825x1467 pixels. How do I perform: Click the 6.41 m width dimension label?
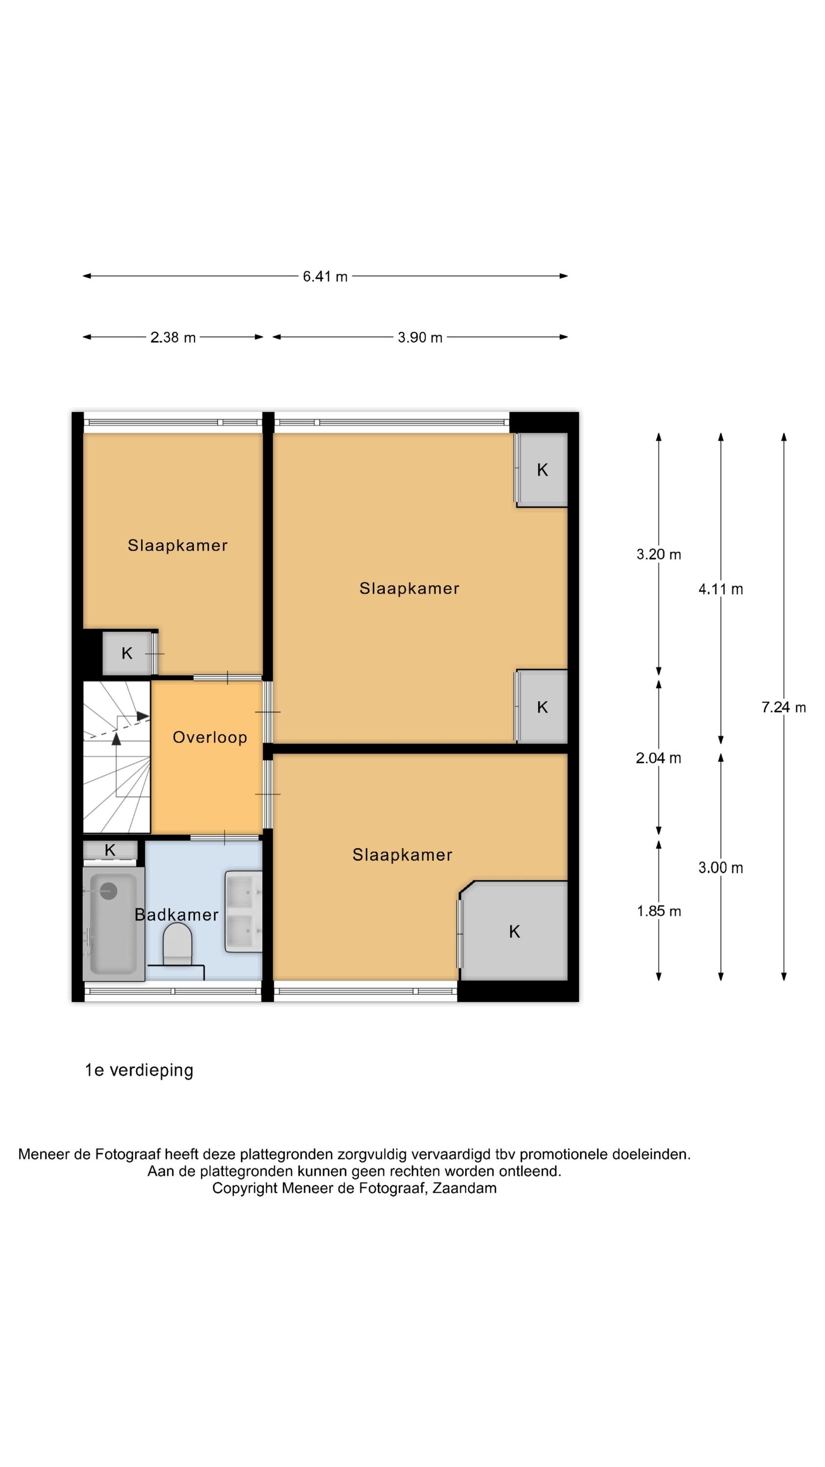[x=325, y=277]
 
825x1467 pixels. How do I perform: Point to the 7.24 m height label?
[x=783, y=707]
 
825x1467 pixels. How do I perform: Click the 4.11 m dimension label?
[x=720, y=589]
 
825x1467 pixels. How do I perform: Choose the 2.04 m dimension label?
[x=658, y=758]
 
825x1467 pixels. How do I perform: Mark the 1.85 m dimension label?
[x=658, y=911]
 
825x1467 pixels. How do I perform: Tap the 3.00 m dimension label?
[x=720, y=868]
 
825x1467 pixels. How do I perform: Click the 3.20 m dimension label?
[x=658, y=555]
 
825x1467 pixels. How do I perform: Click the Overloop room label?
[x=210, y=737]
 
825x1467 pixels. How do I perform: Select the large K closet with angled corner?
[x=514, y=932]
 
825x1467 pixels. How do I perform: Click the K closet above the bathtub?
[x=110, y=850]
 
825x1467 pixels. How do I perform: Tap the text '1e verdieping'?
[x=139, y=1070]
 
